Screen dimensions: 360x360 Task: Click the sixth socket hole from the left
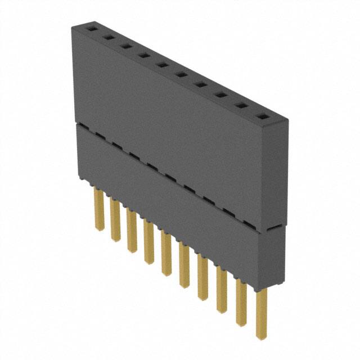point(181,75)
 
